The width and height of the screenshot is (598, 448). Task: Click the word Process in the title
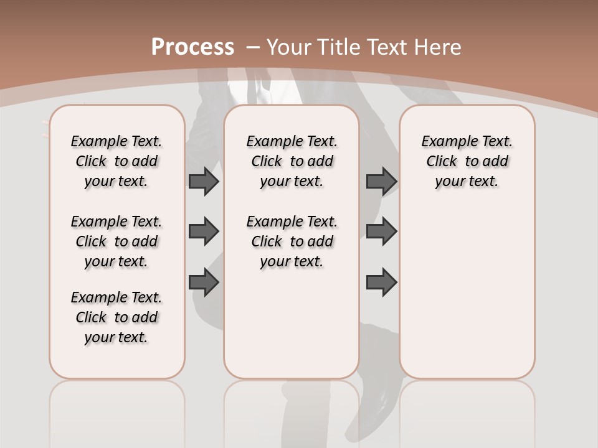coord(192,47)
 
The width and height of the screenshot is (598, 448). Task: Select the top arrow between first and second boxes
coord(204,181)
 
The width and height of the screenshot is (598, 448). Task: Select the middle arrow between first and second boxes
coord(204,231)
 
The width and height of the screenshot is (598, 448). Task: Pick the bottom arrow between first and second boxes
coord(204,282)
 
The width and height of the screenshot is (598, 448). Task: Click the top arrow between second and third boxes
coord(381,181)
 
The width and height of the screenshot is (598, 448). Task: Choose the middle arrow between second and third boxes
coord(381,231)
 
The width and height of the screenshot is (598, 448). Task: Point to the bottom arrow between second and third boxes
coord(381,282)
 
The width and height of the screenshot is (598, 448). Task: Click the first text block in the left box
coord(116,161)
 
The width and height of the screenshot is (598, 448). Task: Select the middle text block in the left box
coord(116,241)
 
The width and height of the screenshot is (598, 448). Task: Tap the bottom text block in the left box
coord(116,317)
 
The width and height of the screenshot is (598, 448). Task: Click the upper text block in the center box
coord(292,161)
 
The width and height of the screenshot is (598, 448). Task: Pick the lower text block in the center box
coord(292,241)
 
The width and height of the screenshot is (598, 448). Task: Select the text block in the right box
coord(467,161)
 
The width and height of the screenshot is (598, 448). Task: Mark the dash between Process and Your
coord(253,47)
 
